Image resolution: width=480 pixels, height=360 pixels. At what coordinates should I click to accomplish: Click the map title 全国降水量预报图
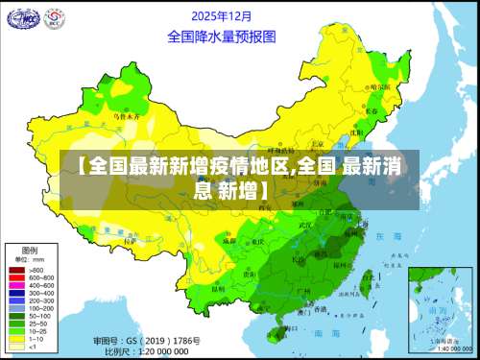[222, 36]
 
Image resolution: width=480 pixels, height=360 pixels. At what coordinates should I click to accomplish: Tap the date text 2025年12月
[222, 16]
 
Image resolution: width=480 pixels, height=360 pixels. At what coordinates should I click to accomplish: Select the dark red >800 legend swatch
[17, 270]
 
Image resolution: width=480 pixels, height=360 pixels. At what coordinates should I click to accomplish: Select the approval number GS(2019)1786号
[149, 341]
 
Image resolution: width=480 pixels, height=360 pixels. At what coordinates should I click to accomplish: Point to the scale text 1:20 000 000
[154, 351]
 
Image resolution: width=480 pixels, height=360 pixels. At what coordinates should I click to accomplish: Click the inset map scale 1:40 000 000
[445, 348]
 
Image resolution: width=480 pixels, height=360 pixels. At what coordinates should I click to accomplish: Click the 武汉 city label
[306, 227]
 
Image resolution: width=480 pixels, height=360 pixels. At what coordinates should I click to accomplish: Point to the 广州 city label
[301, 289]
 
